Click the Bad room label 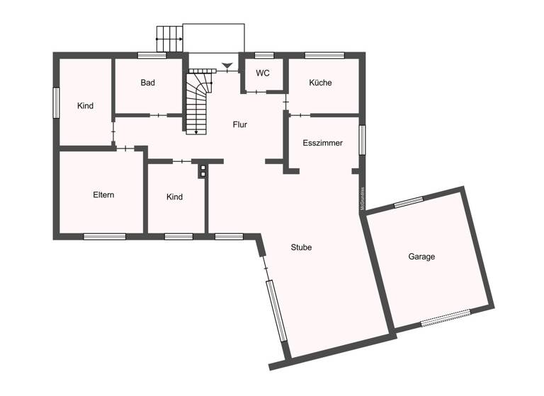(x=147, y=83)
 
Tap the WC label (x=263, y=73)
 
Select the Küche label (x=320, y=83)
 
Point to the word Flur (x=240, y=124)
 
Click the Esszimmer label (x=322, y=143)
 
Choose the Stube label (x=301, y=248)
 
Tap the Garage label (x=421, y=257)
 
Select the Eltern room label (x=103, y=195)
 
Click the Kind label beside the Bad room (x=86, y=106)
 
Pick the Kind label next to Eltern (x=174, y=197)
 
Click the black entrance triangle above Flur (x=227, y=66)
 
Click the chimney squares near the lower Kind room (x=202, y=170)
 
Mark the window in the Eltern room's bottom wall (x=104, y=236)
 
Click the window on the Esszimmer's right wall (x=361, y=139)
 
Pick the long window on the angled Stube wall (x=276, y=311)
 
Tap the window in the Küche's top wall (x=324, y=54)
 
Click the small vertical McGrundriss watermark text (x=362, y=199)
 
